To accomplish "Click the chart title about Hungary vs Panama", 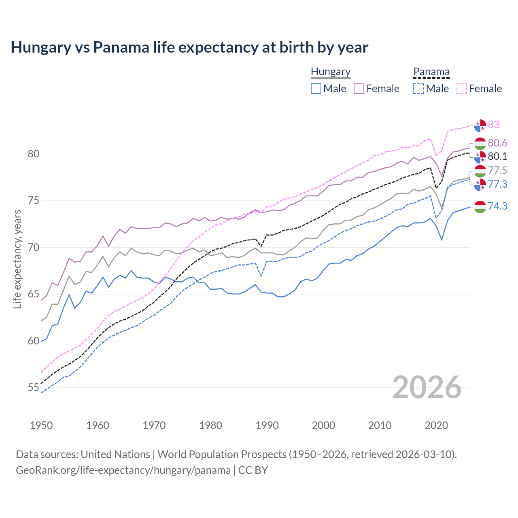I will click(x=189, y=47).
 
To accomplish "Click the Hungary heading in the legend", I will click(x=331, y=72).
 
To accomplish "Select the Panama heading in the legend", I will click(x=431, y=72).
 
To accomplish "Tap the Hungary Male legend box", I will click(x=316, y=89).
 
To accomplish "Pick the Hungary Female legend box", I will click(x=359, y=89).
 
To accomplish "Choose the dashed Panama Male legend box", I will click(x=418, y=89).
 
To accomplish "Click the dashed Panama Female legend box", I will click(x=462, y=89).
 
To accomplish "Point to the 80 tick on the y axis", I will click(x=34, y=154).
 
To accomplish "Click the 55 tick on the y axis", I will click(x=34, y=388).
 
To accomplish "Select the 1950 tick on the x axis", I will click(x=41, y=425).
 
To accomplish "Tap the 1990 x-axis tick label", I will click(x=267, y=425).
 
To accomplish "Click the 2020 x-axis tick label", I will click(x=436, y=425).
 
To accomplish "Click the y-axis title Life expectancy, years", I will click(x=17, y=259).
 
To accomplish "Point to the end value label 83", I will click(x=494, y=125).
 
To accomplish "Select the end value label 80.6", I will click(x=497, y=143).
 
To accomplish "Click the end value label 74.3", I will click(x=497, y=206).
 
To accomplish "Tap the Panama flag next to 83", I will click(x=480, y=125).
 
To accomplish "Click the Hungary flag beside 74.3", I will click(x=480, y=207).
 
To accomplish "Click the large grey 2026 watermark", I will click(x=427, y=387).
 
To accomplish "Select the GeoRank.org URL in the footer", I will click(x=123, y=470).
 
